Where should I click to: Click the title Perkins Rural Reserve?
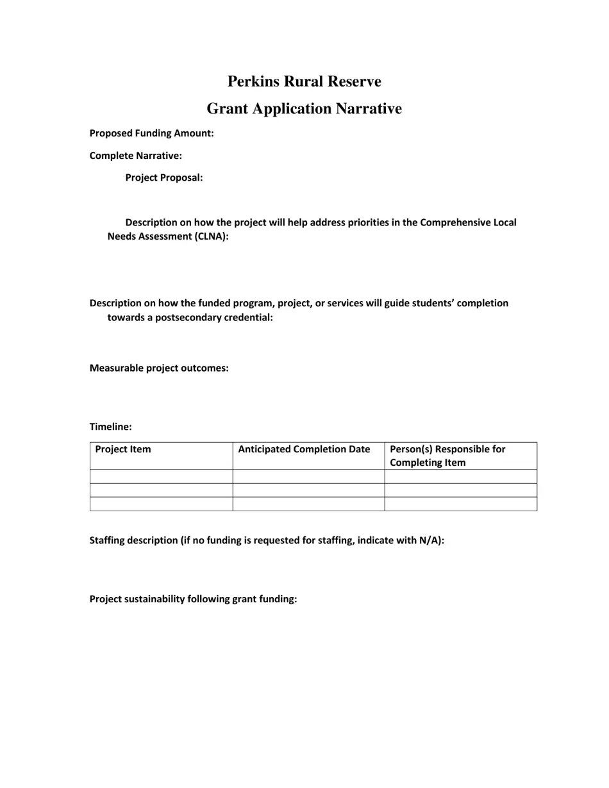(304, 81)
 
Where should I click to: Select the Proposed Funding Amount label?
(151, 133)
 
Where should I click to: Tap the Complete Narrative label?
(135, 156)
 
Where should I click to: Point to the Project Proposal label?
(163, 177)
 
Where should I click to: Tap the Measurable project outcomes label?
(158, 368)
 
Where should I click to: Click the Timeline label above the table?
(110, 427)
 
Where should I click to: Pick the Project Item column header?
(123, 449)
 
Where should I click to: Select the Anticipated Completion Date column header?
(304, 449)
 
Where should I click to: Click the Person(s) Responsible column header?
(447, 456)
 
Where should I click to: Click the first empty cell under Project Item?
(161, 476)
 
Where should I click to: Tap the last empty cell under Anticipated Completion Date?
(308, 504)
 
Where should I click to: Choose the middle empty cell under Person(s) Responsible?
(460, 490)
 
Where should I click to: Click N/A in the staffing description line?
(429, 540)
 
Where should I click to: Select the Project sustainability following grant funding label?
(193, 599)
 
